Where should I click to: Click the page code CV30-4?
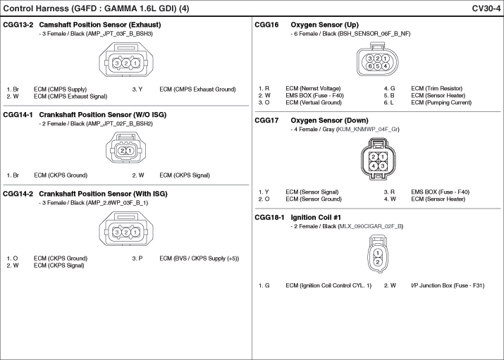[486, 8]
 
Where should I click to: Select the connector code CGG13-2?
[18, 25]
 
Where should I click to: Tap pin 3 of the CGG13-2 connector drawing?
[117, 63]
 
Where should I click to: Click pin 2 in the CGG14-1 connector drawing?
[123, 151]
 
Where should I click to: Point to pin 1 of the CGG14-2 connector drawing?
[135, 232]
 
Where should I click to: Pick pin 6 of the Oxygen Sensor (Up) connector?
[370, 66]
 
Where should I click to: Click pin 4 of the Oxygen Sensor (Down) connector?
[373, 166]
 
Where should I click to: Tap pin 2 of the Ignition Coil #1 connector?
[378, 262]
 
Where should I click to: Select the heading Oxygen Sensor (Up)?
[325, 25]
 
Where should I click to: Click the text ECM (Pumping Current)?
[441, 102]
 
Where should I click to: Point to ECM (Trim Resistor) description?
[437, 88]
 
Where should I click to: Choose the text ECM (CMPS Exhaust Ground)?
[197, 89]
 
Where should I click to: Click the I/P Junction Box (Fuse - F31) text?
[448, 285]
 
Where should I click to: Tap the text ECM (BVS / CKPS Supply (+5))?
[199, 259]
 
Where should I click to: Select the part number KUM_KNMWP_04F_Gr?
[368, 130]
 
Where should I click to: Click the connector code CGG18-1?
[269, 218]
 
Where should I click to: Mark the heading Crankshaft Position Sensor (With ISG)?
[103, 194]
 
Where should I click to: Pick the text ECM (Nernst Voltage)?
[313, 88]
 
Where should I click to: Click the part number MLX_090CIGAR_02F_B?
[370, 226]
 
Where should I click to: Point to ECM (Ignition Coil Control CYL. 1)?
[328, 285]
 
